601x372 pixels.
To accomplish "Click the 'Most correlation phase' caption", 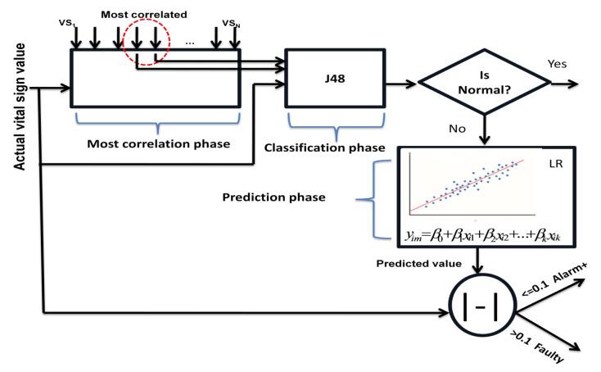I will (x=156, y=143).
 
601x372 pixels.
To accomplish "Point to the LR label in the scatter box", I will (x=557, y=162).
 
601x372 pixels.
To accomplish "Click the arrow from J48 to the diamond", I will (x=401, y=83).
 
